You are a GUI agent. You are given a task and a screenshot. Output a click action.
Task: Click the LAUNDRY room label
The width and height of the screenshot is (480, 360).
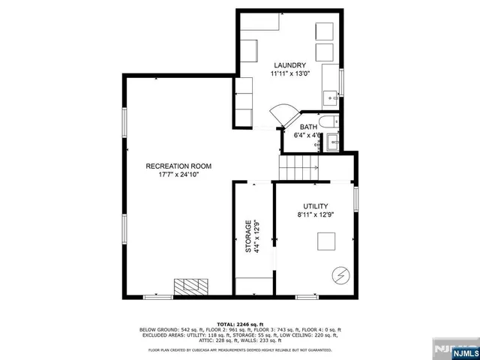288,65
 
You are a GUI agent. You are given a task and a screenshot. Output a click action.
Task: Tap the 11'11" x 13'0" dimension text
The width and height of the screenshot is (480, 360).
288,74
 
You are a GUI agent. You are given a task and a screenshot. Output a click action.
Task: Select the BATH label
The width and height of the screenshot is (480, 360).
309,127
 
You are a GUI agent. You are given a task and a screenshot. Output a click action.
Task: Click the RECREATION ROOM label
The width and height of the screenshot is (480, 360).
178,166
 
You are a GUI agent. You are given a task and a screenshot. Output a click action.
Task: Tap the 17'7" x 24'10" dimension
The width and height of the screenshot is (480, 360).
178,175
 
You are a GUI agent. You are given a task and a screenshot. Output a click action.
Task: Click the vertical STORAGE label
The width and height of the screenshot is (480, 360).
249,238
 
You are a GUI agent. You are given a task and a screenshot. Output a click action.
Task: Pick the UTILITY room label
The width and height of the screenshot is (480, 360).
316,206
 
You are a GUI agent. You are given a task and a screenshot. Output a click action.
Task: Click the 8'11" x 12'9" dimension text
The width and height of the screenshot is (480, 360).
316,215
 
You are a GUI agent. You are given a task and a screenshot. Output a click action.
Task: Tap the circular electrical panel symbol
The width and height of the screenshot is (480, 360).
340,275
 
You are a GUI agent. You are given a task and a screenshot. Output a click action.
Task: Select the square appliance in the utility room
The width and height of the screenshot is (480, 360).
325,241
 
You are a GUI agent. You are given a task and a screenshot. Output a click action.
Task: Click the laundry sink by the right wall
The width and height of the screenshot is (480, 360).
330,97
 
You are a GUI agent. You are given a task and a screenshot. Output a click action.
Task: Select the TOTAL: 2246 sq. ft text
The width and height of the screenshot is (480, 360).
238,323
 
